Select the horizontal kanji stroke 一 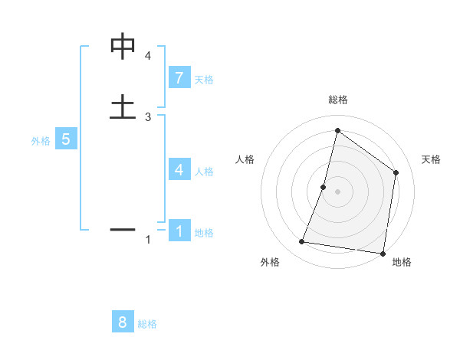pos(123,229)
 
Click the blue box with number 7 pos(179,78)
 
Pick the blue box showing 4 pos(179,170)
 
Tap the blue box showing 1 pos(179,231)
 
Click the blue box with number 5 pos(66,139)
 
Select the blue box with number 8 pos(123,322)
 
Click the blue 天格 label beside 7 pos(204,80)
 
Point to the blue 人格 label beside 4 pos(204,172)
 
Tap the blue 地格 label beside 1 pos(204,233)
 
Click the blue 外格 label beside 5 pos(41,141)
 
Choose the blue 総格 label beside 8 pos(147,324)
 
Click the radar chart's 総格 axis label pos(337,100)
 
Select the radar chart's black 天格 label pos(431,159)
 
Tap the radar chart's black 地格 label pos(402,262)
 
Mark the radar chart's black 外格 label pos(270,262)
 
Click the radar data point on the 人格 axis pos(324,187)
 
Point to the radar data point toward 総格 pos(337,131)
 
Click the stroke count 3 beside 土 pos(148,116)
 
